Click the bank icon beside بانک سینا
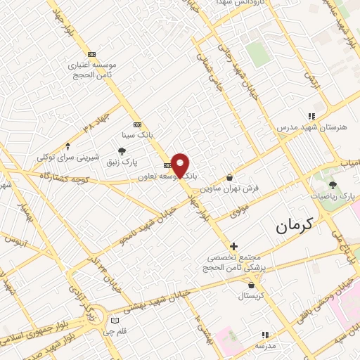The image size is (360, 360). [136, 124]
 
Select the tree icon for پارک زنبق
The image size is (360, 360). [122, 151]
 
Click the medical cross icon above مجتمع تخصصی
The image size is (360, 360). [234, 246]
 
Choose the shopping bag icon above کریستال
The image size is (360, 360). [252, 285]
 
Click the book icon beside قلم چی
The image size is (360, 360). [114, 321]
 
